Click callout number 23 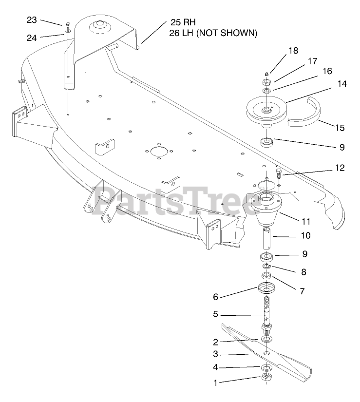(x=32, y=20)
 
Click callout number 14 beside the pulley (x=328, y=84)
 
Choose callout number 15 (x=340, y=128)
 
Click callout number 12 (x=340, y=168)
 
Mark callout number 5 (x=215, y=314)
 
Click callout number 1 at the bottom (x=215, y=383)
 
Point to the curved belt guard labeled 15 (x=306, y=116)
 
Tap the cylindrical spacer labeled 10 (x=268, y=237)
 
